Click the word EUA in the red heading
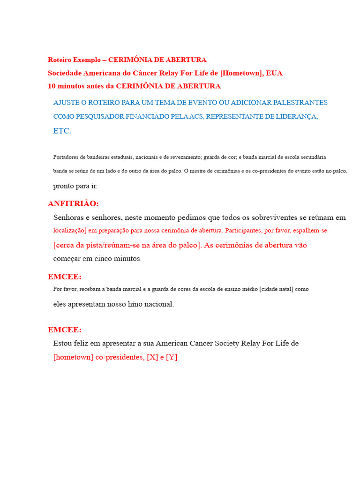pos(274,73)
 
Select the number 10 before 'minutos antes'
pos(52,86)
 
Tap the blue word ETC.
pos(62,131)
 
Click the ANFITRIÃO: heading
pos(73,203)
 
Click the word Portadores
pos(66,157)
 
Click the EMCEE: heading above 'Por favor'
pos(65,277)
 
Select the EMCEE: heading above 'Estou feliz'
pos(65,330)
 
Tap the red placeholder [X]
pos(152,358)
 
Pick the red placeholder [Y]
pos(172,358)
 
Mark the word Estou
pos(63,344)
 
